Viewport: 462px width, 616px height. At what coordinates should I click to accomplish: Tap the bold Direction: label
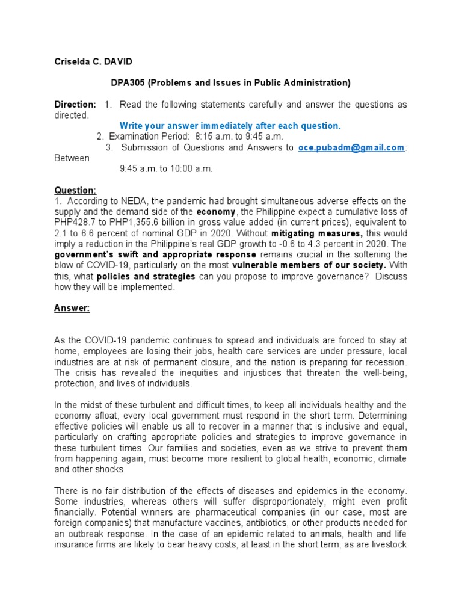pos(75,105)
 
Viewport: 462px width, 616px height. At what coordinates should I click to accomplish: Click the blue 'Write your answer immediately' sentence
pos(230,126)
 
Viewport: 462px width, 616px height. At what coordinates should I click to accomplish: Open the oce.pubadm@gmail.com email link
pos(351,147)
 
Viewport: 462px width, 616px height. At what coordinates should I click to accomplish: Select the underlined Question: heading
pos(75,190)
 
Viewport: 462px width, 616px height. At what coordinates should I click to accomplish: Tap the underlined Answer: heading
pos(72,308)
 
